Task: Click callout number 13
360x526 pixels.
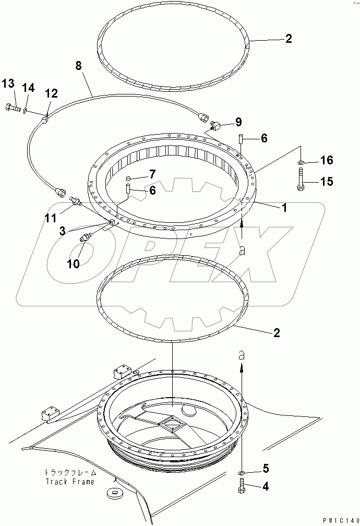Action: click(x=7, y=83)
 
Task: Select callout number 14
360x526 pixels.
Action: click(x=28, y=88)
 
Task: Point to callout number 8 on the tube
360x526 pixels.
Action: click(x=78, y=66)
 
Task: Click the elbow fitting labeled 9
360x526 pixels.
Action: click(x=218, y=125)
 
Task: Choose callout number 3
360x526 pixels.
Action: click(x=62, y=230)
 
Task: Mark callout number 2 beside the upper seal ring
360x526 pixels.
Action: click(x=289, y=38)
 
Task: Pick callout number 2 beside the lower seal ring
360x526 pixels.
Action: click(x=276, y=332)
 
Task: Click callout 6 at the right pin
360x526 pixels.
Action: click(x=263, y=138)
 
